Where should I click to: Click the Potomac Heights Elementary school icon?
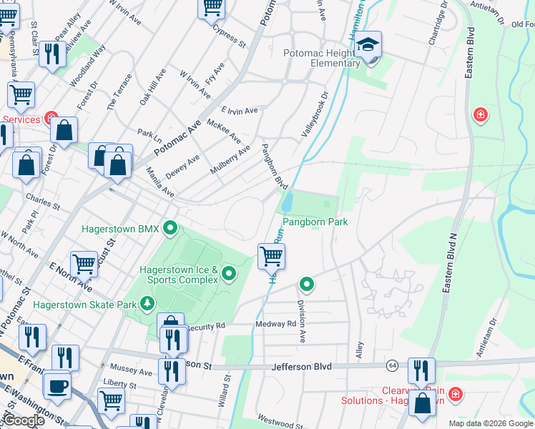(369, 44)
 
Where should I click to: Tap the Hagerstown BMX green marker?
(170, 229)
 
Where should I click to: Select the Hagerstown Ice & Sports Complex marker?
(229, 272)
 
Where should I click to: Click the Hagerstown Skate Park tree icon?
(147, 304)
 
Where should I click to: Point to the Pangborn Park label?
(319, 222)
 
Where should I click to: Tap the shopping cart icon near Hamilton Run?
(271, 256)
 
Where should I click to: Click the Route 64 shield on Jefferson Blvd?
(393, 366)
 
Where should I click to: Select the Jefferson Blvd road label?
(303, 366)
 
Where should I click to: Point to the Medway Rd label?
(276, 324)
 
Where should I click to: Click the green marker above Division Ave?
(307, 285)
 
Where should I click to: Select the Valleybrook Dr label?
(313, 114)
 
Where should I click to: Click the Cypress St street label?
(229, 36)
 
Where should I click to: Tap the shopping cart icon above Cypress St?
(212, 7)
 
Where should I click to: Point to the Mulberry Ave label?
(230, 160)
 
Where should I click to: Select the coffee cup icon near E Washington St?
(57, 386)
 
